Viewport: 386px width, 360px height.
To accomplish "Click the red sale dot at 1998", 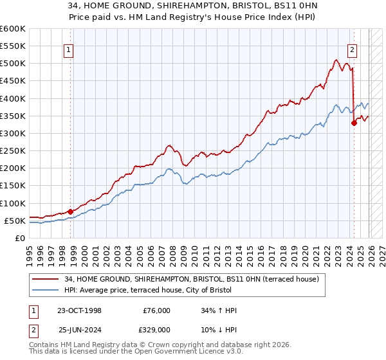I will click(x=70, y=211).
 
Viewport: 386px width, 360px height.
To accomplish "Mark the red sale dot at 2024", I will click(x=354, y=123).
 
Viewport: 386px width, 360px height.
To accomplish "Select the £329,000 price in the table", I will click(x=157, y=328).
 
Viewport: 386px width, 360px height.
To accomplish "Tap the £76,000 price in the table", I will click(x=157, y=310).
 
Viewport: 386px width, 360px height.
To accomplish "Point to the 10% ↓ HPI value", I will click(x=219, y=328).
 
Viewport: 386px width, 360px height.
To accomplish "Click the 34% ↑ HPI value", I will click(x=219, y=310).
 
